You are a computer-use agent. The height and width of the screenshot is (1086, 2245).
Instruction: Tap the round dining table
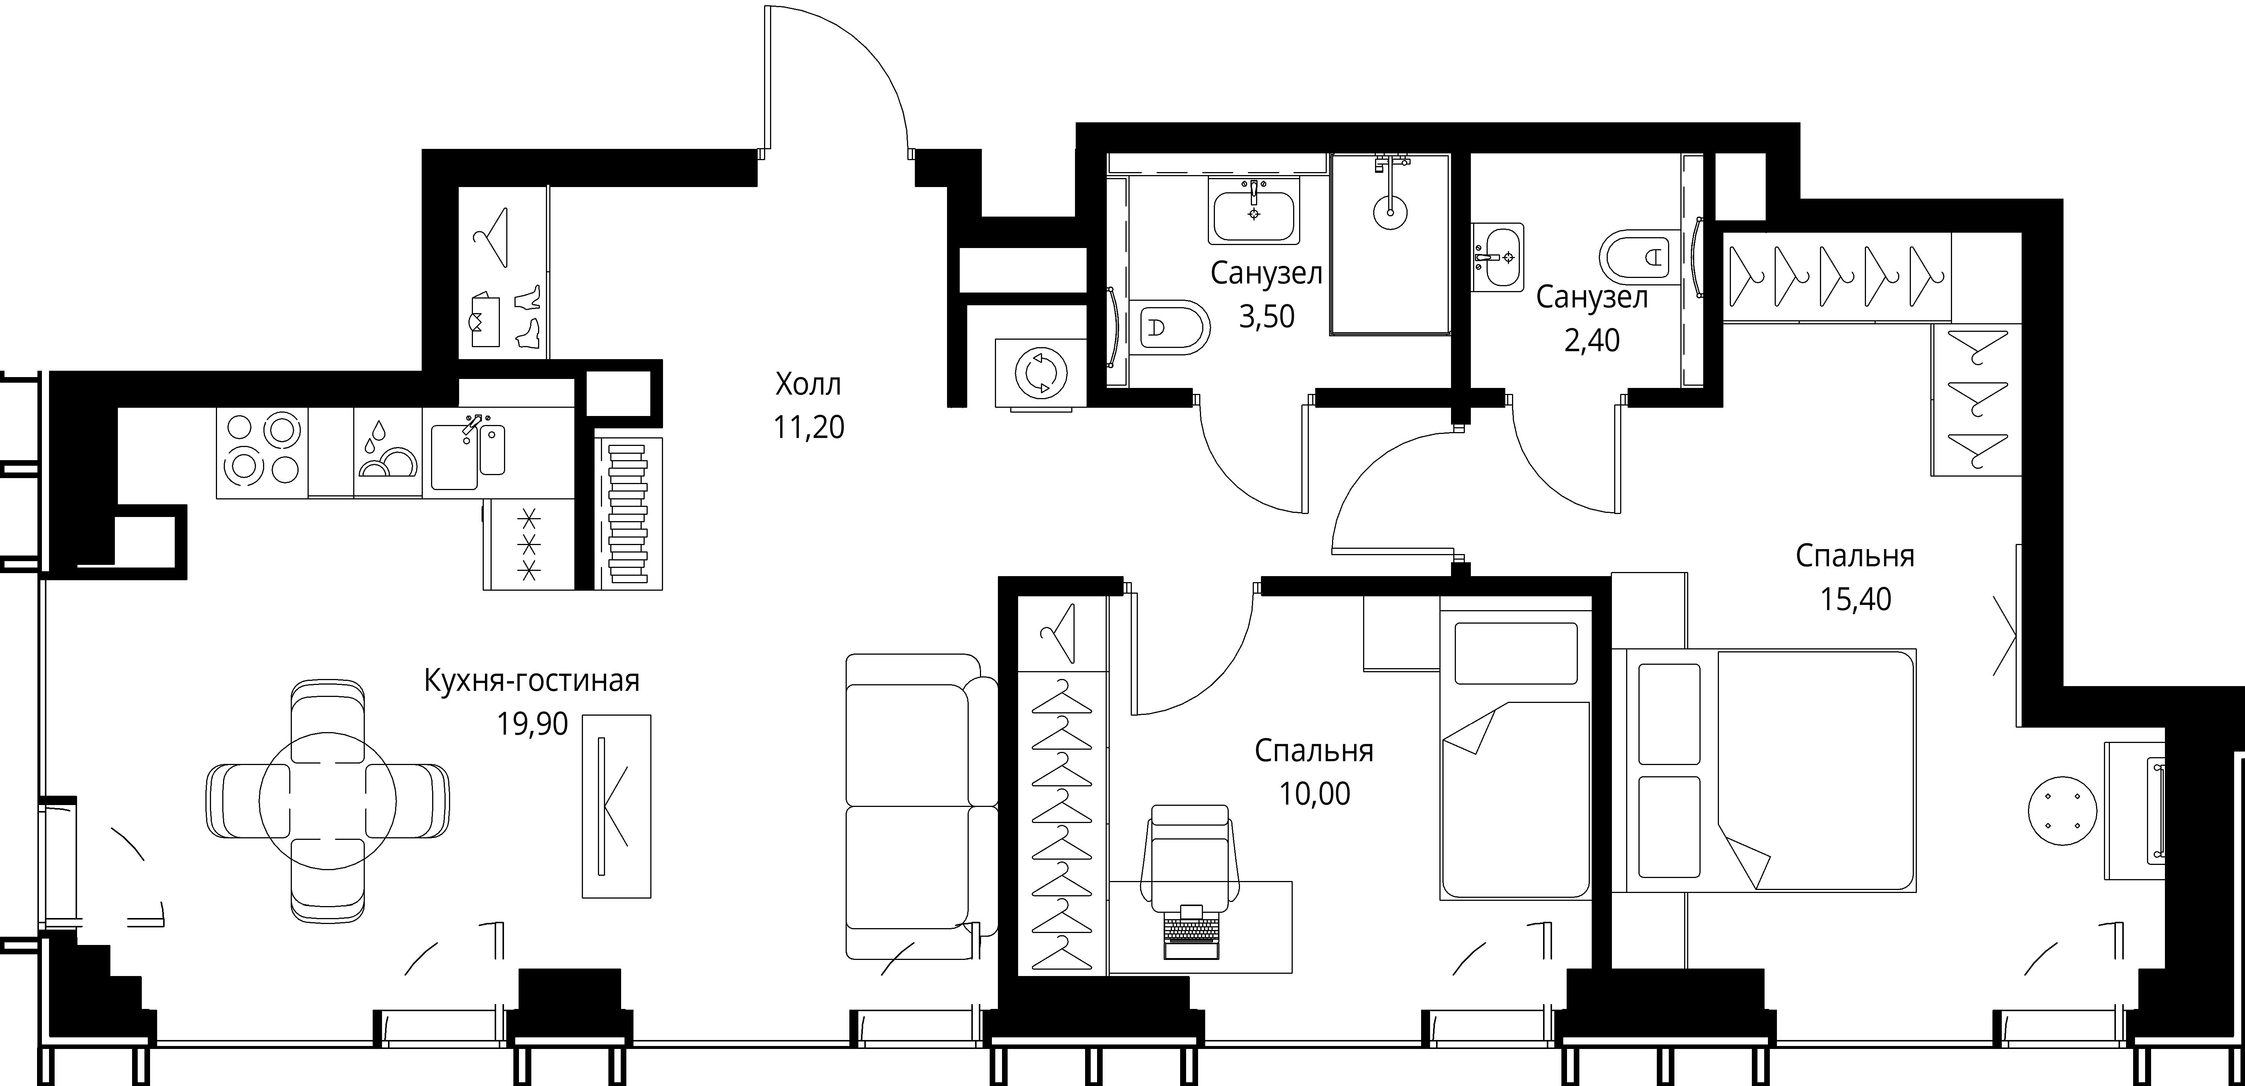pyautogui.click(x=328, y=799)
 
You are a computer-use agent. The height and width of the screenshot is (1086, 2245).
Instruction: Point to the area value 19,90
pyautogui.click(x=532, y=724)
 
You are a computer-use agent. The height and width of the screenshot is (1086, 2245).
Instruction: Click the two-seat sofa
pyautogui.click(x=920, y=806)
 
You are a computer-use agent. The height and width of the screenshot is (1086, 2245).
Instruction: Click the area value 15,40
pyautogui.click(x=1855, y=599)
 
